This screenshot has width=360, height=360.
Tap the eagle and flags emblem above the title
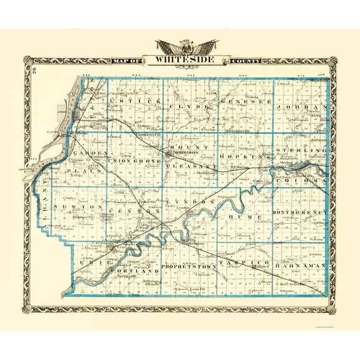pyautogui.click(x=188, y=46)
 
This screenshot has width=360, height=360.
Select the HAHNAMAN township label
pyautogui.click(x=303, y=265)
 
